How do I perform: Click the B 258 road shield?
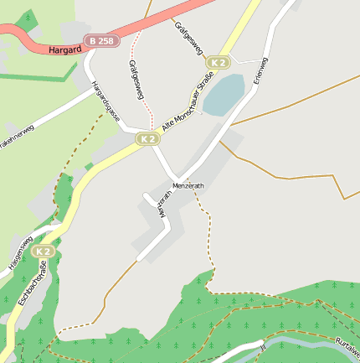[x=102, y=40]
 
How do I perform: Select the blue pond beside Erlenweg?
[x=224, y=94]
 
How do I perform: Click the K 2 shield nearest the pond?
[x=219, y=62]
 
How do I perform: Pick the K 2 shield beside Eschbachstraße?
[x=44, y=251]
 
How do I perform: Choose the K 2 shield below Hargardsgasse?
[x=148, y=138]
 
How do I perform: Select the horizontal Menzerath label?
[x=188, y=185]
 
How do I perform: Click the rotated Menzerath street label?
[x=164, y=204]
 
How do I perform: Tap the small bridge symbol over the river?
[x=262, y=345]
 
